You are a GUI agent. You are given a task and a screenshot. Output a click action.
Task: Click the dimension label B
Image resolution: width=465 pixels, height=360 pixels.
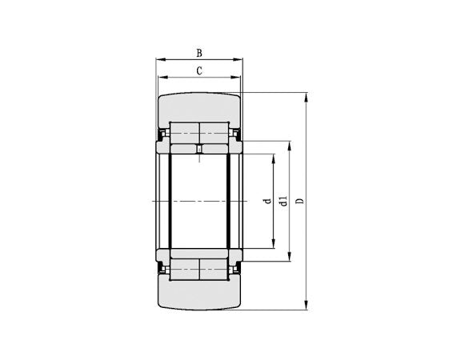pos(198,53)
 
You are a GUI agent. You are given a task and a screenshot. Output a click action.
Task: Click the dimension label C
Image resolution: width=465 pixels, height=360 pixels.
pos(198,71)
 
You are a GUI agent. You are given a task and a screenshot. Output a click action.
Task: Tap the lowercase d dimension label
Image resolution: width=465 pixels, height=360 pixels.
pos(267,201)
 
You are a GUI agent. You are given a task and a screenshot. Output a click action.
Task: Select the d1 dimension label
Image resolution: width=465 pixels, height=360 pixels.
pos(283,201)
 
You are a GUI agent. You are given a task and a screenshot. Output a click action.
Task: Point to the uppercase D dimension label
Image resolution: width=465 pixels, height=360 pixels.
pos(299,201)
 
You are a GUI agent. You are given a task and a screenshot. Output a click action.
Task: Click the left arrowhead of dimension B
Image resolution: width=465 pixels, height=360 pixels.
pos(158,59)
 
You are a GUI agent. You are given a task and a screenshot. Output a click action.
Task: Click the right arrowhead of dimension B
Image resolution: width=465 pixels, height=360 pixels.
pos(240,59)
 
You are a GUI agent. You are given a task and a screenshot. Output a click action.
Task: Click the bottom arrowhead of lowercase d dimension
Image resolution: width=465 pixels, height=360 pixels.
pos(275,246)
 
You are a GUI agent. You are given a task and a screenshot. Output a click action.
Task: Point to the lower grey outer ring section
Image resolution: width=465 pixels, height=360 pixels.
pos(199,295)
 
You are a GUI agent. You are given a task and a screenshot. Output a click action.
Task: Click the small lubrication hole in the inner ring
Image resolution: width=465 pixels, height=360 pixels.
pos(199,149)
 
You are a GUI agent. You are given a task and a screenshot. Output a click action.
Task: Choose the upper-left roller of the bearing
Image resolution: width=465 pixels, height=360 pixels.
pos(185,132)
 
